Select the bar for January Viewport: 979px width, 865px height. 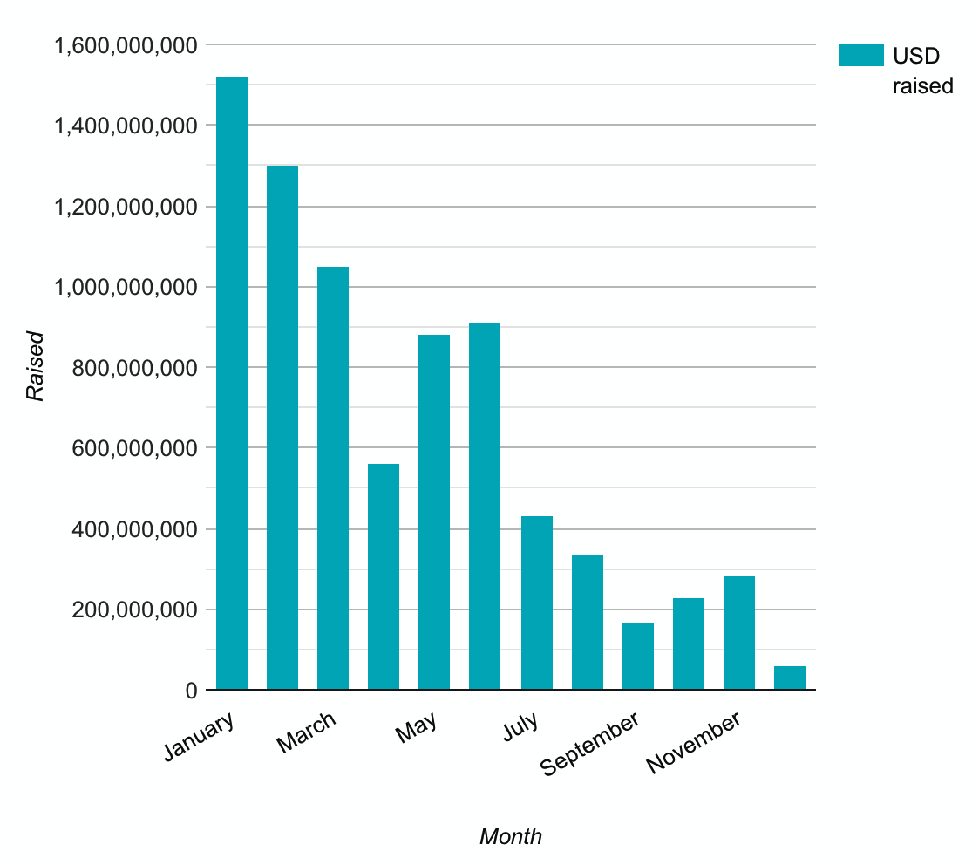pos(232,384)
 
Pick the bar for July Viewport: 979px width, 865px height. pos(536,603)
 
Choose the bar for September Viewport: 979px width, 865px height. pos(637,656)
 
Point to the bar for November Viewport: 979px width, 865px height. pos(738,632)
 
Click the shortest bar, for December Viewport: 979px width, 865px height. pos(789,678)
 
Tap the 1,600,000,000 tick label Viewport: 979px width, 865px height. pos(126,45)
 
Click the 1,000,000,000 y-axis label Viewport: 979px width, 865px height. pos(126,288)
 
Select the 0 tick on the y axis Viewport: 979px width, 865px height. pos(191,691)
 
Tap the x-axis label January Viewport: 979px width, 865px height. pos(199,737)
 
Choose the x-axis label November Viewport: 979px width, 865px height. pos(694,742)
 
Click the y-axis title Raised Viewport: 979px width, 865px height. pos(35,365)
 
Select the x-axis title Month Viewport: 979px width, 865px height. pos(511,837)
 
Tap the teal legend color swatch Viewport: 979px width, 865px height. pos(860,56)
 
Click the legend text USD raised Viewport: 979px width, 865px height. pos(921,71)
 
